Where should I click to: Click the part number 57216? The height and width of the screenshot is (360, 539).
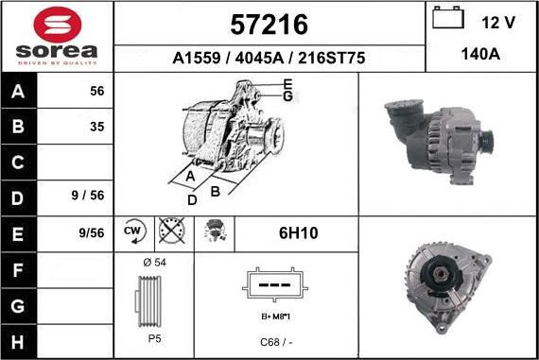(269, 24)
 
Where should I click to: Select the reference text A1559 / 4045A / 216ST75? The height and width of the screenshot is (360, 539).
(269, 59)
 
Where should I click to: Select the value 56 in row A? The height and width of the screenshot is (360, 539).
(96, 92)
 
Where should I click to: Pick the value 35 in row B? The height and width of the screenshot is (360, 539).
(96, 126)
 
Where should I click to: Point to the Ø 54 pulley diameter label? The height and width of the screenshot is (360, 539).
(152, 262)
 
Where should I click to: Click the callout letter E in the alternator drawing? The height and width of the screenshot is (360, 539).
(287, 86)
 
